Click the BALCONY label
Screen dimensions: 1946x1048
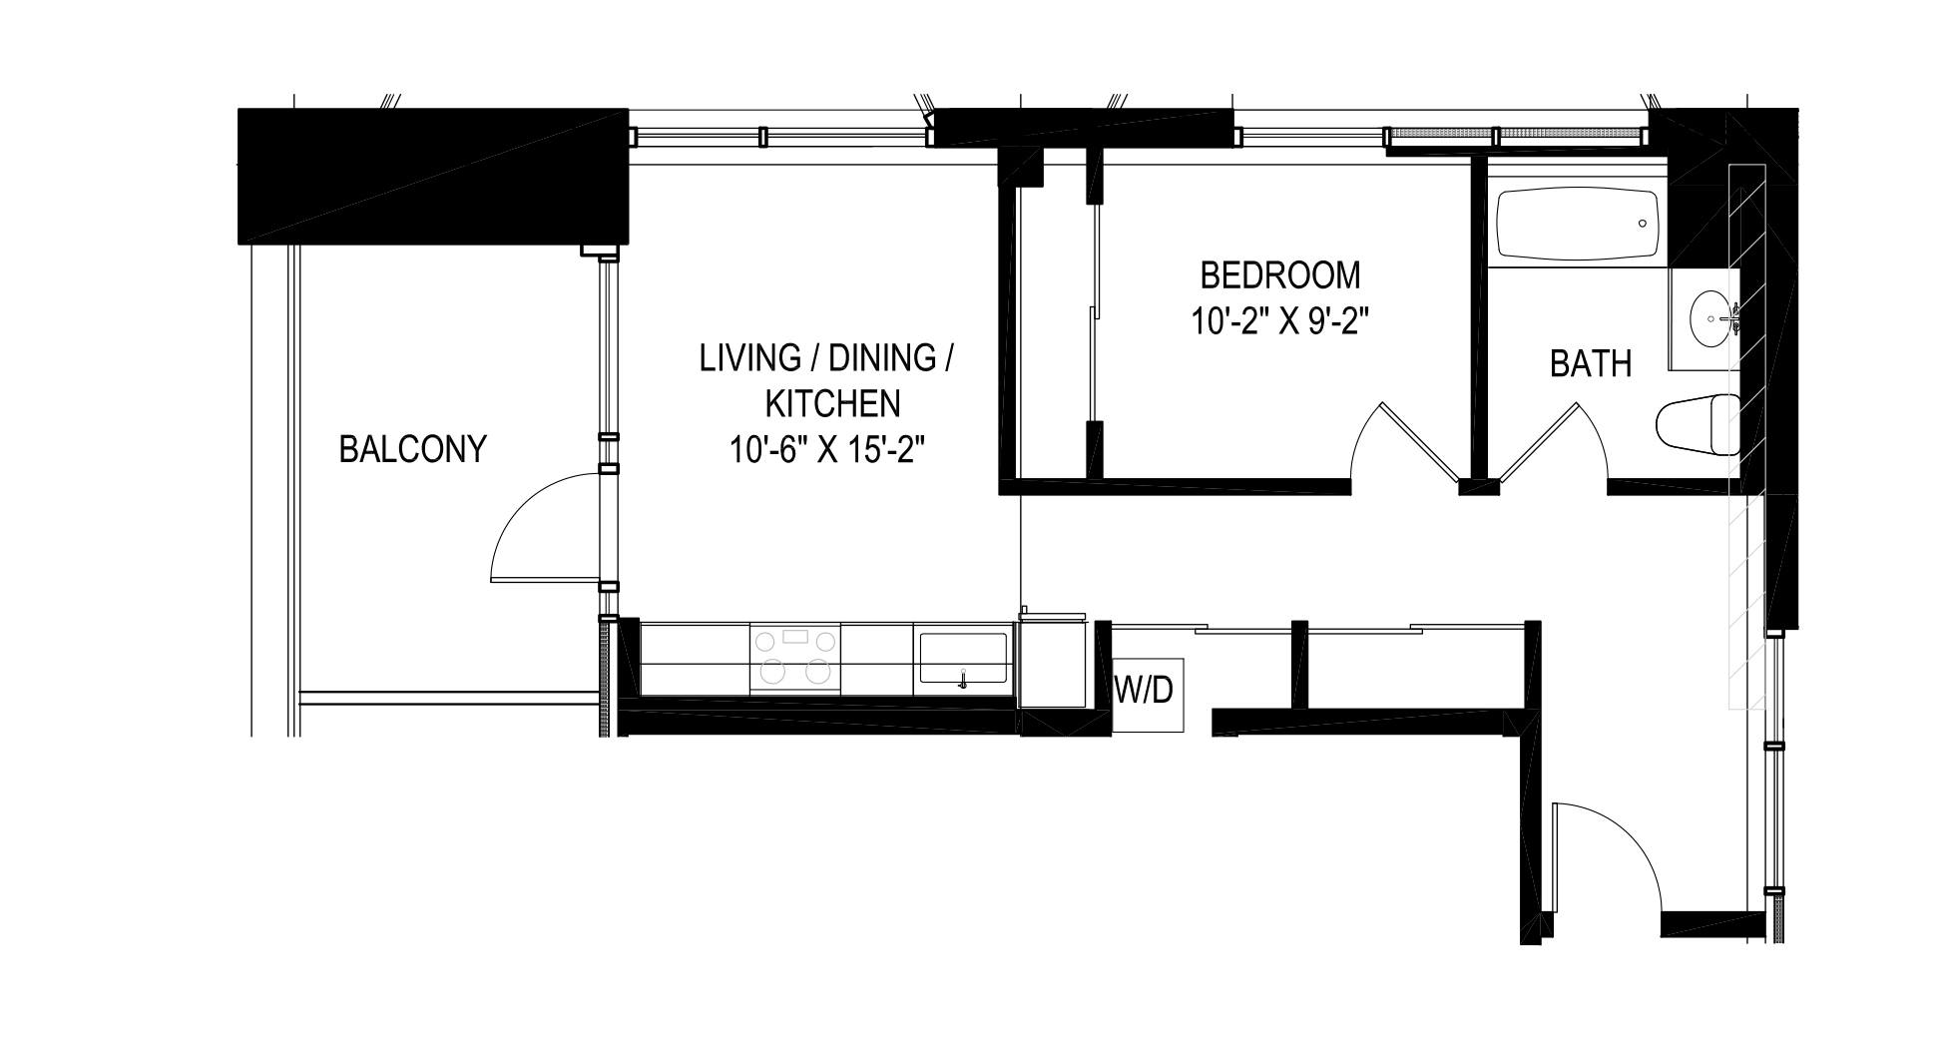tap(412, 449)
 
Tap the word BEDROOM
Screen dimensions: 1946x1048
tap(1279, 274)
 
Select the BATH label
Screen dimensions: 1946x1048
tap(1591, 363)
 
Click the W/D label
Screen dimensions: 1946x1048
tap(1144, 690)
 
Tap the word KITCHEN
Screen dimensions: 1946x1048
tap(832, 403)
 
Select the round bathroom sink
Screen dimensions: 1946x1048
tap(1711, 319)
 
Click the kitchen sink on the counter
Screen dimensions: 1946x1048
tap(963, 658)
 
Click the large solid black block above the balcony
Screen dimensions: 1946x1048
tap(432, 177)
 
